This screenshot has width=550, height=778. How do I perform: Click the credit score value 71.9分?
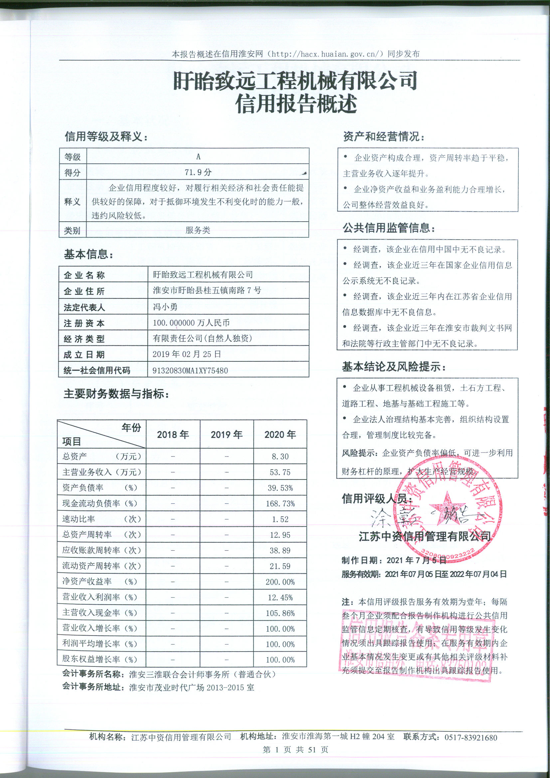198,172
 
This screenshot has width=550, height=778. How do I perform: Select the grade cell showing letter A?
198,156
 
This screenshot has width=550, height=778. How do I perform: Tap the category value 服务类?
198,230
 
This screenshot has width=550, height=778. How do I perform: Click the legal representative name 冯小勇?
165,307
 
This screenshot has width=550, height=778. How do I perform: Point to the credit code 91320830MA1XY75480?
190,370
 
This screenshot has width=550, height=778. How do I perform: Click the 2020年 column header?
280,434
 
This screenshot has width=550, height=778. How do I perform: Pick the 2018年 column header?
173,434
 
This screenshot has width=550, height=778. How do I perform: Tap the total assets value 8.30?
280,457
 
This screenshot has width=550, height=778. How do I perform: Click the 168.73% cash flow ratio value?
280,503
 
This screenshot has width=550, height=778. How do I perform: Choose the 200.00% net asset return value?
280,582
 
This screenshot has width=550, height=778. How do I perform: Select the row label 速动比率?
79,519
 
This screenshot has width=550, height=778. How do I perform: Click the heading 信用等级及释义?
106,136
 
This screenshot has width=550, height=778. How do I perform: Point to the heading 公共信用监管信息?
388,228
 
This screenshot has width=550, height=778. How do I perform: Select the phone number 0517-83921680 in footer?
471,737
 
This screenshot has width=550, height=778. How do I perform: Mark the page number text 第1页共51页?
295,749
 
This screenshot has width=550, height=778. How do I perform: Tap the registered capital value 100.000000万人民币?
191,322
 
